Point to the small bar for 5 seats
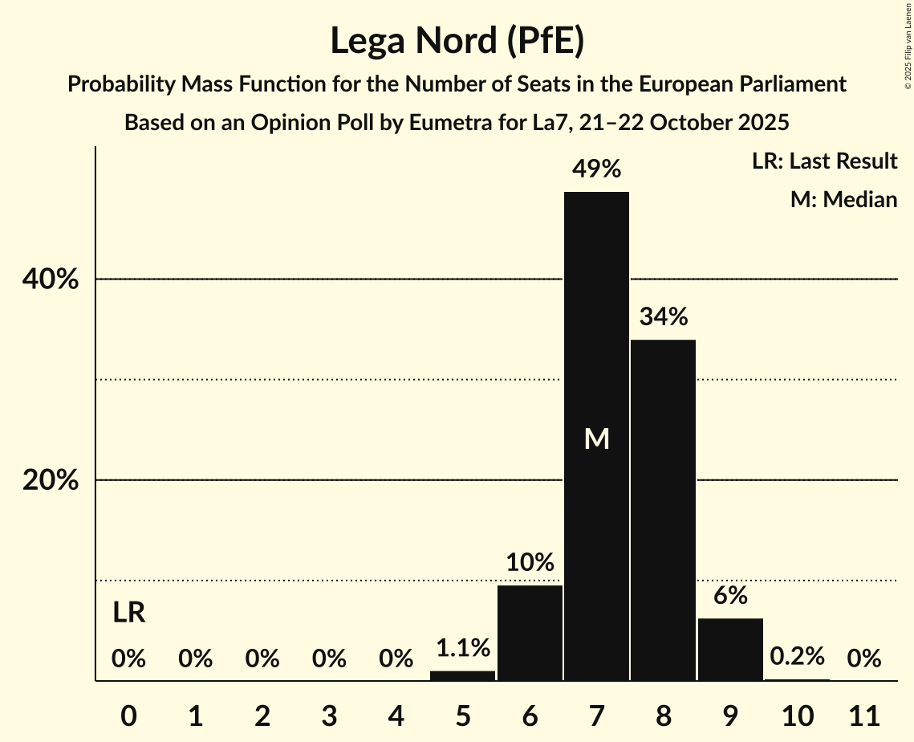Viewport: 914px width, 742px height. click(463, 675)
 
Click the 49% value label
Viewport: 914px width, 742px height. click(596, 169)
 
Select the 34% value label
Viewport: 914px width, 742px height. click(664, 317)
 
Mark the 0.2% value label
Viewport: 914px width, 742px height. click(797, 657)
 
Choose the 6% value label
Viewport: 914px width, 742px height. click(730, 596)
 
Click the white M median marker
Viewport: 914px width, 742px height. click(596, 438)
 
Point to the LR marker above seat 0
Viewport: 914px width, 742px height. click(128, 614)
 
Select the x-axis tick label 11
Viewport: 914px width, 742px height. click(863, 715)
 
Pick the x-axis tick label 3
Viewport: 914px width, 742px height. click(329, 715)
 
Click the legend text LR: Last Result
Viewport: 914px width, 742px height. click(824, 161)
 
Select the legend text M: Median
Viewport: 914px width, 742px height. click(843, 199)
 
